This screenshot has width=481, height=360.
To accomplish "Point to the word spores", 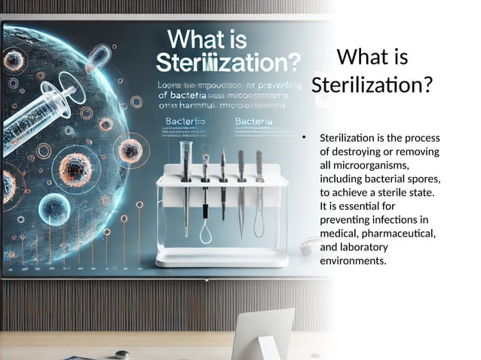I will [422, 178].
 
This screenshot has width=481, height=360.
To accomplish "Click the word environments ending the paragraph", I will [353, 261].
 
